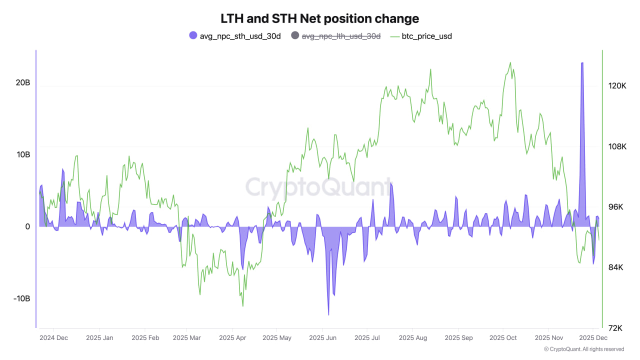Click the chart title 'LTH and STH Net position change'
[x=320, y=18]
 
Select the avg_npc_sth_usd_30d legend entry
[x=235, y=35]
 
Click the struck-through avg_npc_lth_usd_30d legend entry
[x=335, y=35]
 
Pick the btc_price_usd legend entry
[x=421, y=35]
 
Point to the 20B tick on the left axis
[x=23, y=83]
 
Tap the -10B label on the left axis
[x=22, y=298]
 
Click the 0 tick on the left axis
[x=28, y=226]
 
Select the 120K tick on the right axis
[x=617, y=86]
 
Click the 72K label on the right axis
[x=614, y=328]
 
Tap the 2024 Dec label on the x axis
[x=53, y=338]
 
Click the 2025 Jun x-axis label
[x=323, y=338]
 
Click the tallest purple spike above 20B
[x=582, y=63]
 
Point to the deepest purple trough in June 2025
[x=328, y=314]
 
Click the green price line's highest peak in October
[x=510, y=62]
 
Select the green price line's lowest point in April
[x=242, y=306]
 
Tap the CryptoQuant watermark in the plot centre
[x=318, y=187]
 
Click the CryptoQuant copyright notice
[x=583, y=349]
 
